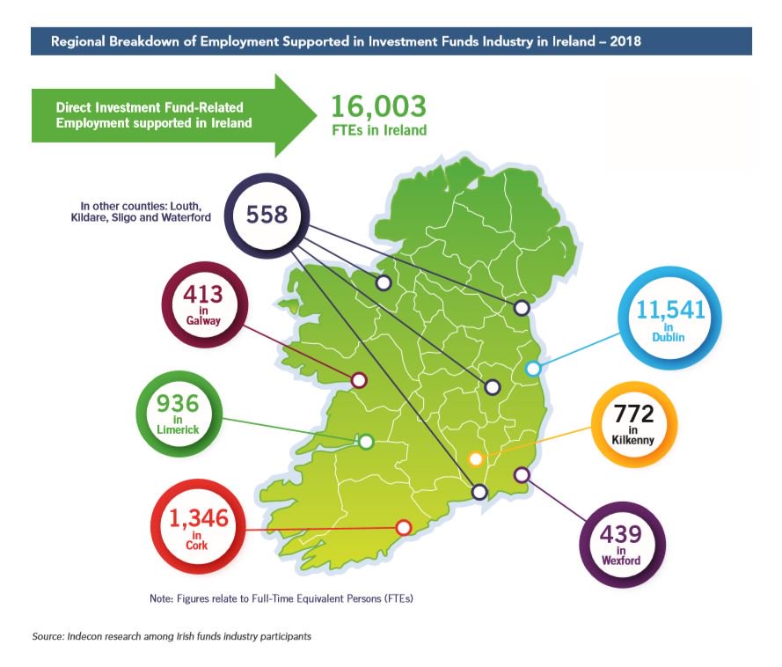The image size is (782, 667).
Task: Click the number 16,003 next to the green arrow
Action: click(378, 107)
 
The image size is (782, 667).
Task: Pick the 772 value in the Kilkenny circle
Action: click(634, 413)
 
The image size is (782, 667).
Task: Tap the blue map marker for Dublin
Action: click(532, 370)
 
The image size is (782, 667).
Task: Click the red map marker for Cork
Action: click(404, 527)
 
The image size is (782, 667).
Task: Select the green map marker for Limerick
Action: click(366, 441)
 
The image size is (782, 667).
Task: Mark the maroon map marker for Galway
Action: click(358, 380)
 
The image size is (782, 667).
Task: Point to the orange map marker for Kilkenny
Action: click(476, 458)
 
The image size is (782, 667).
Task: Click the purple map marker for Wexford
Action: click(521, 474)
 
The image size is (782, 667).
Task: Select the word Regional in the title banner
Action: click(79, 41)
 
